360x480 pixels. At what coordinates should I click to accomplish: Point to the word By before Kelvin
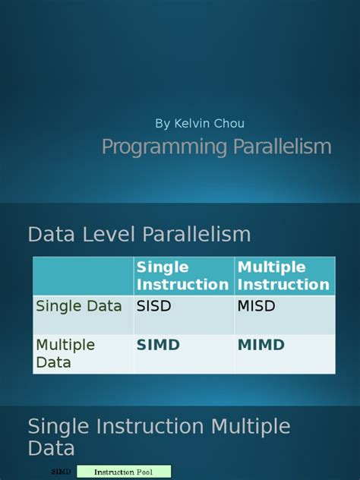[x=163, y=123]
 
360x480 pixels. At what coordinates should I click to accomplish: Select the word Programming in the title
[x=157, y=147]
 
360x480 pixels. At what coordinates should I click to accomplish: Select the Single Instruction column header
[x=182, y=276]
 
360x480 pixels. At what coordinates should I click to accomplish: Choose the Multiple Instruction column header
[x=283, y=276]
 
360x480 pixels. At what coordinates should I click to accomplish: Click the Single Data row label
[x=79, y=306]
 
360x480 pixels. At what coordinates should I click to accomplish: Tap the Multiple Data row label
[x=65, y=353]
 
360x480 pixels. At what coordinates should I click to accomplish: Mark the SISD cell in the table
[x=156, y=306]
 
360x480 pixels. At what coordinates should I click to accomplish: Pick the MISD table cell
[x=256, y=306]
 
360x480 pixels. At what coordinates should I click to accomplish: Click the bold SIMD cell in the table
[x=158, y=346]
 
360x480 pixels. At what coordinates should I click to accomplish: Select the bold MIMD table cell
[x=261, y=346]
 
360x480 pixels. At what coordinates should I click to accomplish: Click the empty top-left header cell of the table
[x=83, y=276]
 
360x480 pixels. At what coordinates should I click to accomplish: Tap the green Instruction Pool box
[x=124, y=472]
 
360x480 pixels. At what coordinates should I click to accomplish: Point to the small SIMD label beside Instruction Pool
[x=62, y=472]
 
